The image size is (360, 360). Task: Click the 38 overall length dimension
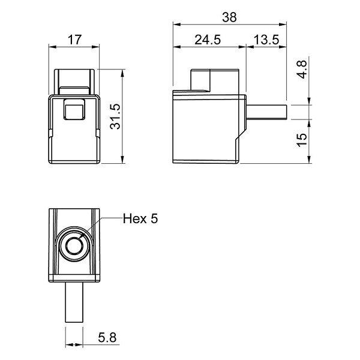click(229, 17)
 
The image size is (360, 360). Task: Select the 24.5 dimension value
click(208, 40)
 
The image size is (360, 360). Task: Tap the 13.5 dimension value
click(266, 40)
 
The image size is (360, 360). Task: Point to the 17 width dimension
click(74, 40)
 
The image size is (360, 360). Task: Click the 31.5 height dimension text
click(115, 116)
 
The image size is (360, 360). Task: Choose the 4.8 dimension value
click(302, 70)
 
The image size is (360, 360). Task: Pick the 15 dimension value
click(302, 140)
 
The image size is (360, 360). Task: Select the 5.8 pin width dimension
click(107, 337)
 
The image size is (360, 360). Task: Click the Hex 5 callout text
click(140, 218)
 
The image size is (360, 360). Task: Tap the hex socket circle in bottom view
click(74, 245)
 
